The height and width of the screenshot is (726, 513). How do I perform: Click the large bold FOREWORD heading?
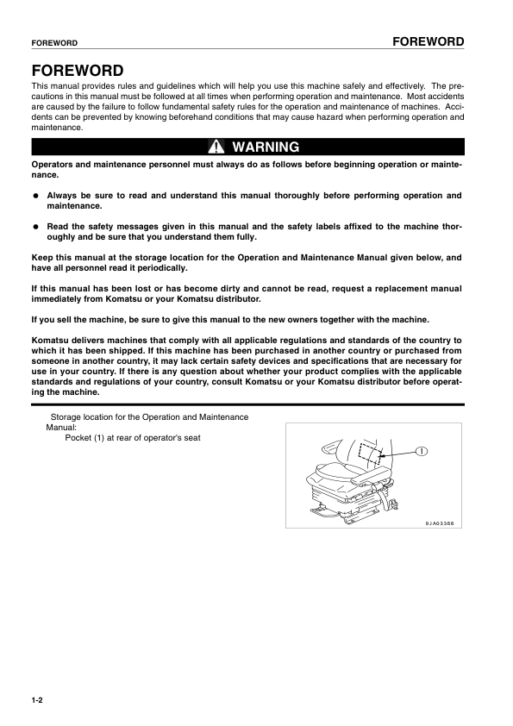78,70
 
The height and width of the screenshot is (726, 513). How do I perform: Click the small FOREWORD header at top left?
53,42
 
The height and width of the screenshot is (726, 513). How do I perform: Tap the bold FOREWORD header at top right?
428,41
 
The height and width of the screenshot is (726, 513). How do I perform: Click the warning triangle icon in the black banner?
209,147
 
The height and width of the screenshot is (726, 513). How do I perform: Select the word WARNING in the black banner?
265,147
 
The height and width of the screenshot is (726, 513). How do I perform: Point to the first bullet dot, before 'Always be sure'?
36,196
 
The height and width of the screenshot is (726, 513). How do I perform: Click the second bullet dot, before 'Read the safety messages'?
36,227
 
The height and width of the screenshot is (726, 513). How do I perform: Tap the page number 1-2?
37,700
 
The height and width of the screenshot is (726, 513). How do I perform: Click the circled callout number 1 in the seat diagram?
421,451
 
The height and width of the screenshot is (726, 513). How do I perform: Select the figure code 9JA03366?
441,523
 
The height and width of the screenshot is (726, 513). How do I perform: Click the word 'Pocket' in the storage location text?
79,437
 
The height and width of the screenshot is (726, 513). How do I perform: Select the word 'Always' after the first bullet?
63,196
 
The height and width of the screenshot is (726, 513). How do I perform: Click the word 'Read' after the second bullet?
57,227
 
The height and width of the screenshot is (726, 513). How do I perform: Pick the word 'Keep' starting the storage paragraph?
41,258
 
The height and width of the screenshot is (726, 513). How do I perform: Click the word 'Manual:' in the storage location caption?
61,427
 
